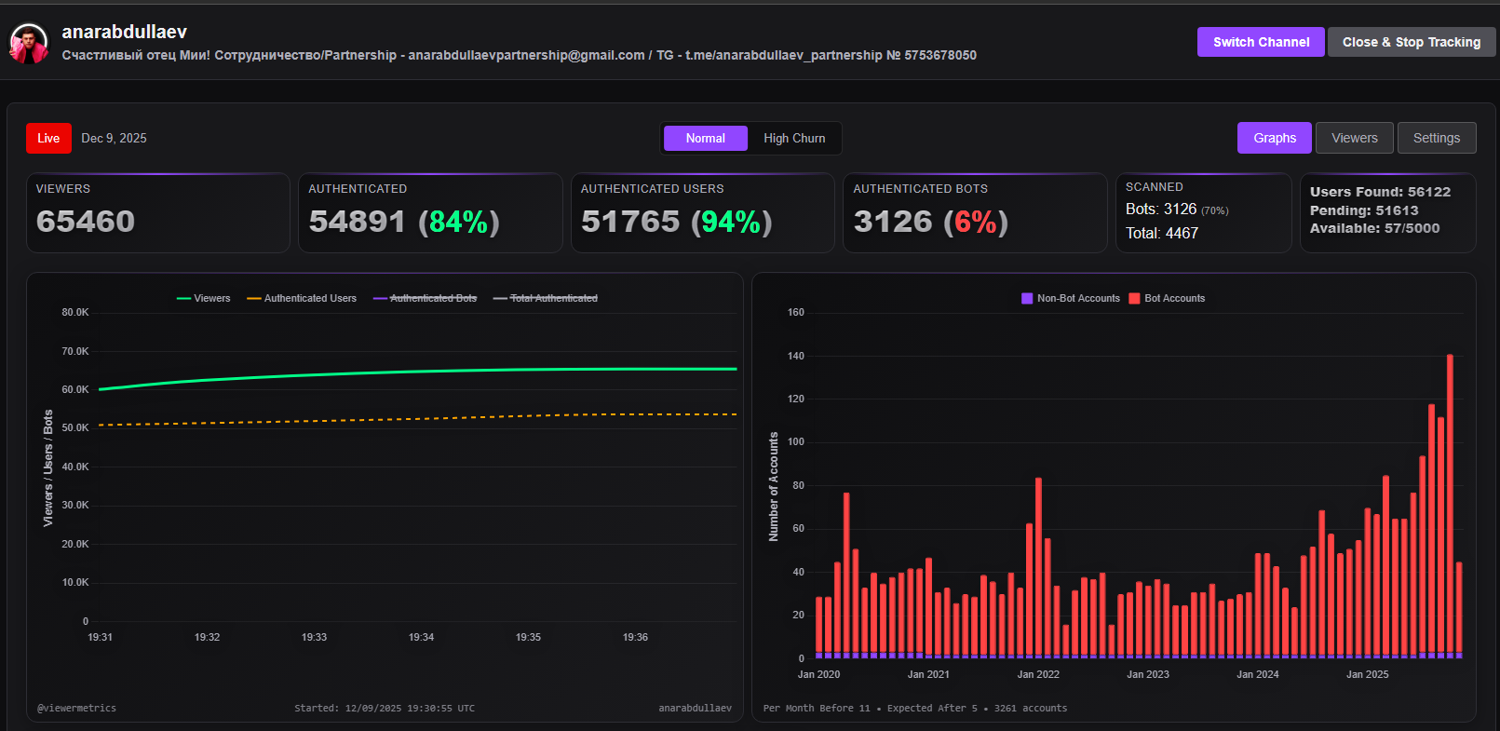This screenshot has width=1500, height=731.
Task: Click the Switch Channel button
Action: tap(1261, 42)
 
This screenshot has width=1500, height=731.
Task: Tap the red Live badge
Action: tap(48, 138)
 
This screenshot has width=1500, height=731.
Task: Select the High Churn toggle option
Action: tap(794, 138)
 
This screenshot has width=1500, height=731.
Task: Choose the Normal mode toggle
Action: tap(705, 138)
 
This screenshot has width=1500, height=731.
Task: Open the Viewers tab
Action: tap(1354, 138)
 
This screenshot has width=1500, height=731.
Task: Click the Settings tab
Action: tap(1436, 138)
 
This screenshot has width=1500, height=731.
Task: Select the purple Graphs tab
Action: tap(1274, 138)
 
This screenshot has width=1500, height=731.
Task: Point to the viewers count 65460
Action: tap(86, 222)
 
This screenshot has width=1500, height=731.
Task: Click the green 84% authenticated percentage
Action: tap(458, 222)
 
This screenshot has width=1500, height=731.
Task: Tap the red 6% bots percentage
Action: tap(975, 222)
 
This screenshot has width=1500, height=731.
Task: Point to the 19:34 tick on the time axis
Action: tap(421, 637)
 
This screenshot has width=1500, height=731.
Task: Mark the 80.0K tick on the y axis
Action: tap(75, 312)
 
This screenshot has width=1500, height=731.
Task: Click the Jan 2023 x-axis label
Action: tap(1147, 674)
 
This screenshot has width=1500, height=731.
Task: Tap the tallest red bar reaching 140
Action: tap(1450, 503)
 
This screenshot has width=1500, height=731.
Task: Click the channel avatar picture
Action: tap(29, 44)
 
